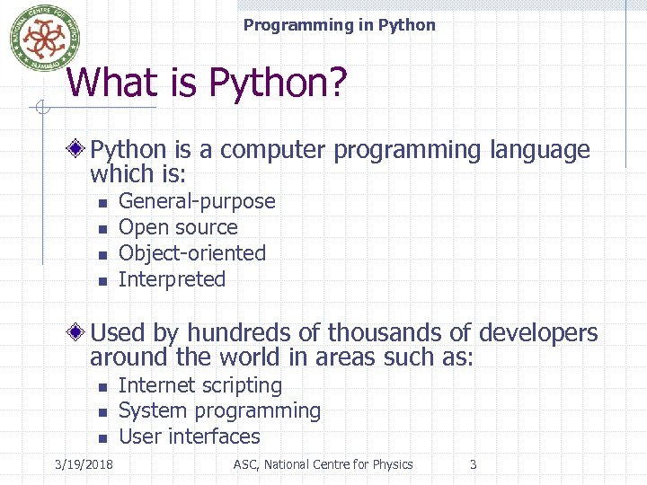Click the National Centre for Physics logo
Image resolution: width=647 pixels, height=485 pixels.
[x=39, y=38]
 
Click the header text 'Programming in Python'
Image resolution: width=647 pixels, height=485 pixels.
[x=339, y=25]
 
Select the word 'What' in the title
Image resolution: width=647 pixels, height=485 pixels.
[x=105, y=84]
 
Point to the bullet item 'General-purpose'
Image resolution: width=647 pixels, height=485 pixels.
[x=197, y=202]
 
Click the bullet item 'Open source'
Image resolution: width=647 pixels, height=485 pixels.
[x=178, y=228]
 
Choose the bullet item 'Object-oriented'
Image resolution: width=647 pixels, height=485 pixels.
[x=192, y=253]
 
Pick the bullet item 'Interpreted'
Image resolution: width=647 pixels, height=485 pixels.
[x=172, y=279]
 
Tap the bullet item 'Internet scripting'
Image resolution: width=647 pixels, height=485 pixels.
[x=200, y=385]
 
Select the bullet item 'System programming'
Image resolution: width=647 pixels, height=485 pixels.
[x=219, y=411]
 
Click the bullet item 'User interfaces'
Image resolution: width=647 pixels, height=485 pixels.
[x=189, y=436]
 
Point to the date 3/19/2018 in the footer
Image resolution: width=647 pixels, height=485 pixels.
[x=84, y=464]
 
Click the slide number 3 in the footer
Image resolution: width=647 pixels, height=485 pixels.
[x=474, y=464]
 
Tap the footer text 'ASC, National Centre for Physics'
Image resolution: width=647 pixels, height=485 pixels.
[x=323, y=464]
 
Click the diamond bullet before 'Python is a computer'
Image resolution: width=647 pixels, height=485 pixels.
[x=79, y=149]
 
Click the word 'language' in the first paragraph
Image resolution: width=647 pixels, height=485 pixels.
[x=539, y=150]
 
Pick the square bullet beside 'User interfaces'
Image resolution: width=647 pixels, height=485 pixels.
[x=102, y=438]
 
